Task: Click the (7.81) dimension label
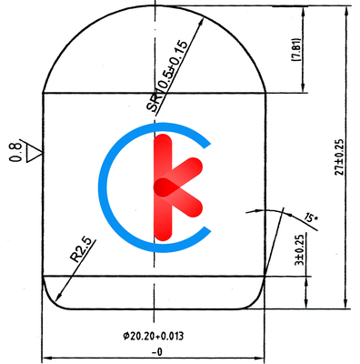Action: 296,50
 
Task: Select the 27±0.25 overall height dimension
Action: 339,157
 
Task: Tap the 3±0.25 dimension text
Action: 300,250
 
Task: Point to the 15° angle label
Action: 310,218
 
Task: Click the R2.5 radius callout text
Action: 81,249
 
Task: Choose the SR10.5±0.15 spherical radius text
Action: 167,76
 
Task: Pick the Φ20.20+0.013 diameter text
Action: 154,336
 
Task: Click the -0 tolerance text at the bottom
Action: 156,352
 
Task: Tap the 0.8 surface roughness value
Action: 15,152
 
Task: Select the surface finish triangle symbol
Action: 34,153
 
